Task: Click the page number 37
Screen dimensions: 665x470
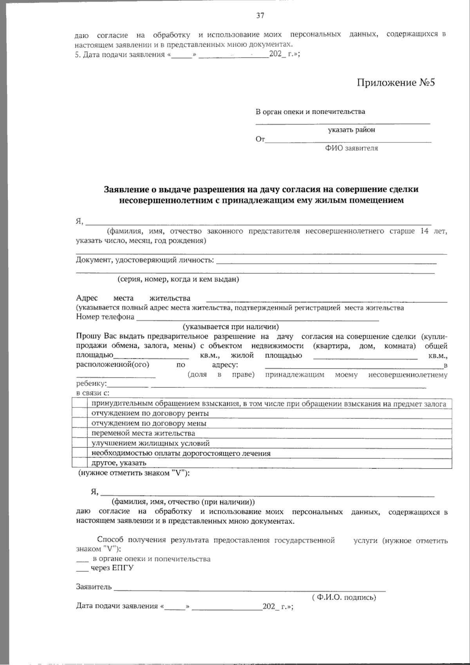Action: point(260,16)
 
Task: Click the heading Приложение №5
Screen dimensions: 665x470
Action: point(396,83)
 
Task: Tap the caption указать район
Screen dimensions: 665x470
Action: point(351,130)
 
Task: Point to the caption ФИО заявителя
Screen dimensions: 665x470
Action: point(351,148)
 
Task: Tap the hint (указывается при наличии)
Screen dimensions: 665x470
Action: point(231,327)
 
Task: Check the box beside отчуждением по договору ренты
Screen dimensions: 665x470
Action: point(80,413)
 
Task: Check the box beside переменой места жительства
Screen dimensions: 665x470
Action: point(80,433)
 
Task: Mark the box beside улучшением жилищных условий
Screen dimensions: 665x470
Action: point(80,443)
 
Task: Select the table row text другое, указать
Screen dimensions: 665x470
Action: point(119,463)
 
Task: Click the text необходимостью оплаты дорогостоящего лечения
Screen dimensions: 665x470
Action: point(181,453)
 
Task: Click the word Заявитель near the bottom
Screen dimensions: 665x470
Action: point(94,587)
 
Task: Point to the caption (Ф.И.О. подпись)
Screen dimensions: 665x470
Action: point(344,598)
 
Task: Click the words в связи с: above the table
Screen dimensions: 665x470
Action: point(92,393)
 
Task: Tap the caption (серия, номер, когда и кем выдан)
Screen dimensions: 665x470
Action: point(178,279)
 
